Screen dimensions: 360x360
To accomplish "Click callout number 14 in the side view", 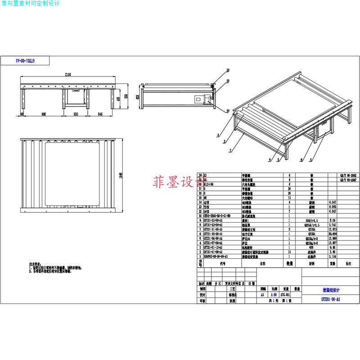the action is [x=228, y=70].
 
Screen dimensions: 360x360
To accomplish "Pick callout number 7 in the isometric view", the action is [x=231, y=150].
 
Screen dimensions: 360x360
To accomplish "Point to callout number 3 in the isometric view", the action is [x=312, y=160].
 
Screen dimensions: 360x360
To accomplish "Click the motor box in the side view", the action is [x=200, y=99].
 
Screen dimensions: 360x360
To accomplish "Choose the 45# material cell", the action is [x=311, y=247].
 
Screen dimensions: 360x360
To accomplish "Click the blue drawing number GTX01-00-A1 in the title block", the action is [x=330, y=299].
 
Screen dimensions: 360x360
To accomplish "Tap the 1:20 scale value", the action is [x=274, y=295].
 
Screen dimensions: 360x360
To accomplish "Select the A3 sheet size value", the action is [x=262, y=295].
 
